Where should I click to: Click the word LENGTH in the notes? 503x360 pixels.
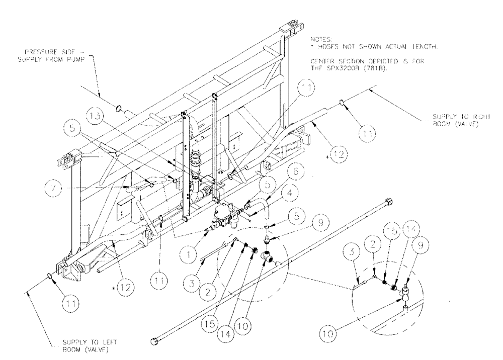click(422, 47)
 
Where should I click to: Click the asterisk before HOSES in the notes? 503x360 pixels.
click(313, 46)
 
